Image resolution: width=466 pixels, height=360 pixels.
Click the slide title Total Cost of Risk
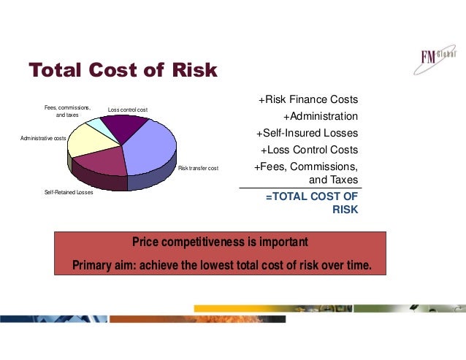click(x=123, y=70)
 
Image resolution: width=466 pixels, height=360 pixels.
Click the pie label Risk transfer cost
click(x=198, y=169)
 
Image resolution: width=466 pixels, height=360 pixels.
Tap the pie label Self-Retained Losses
click(x=62, y=193)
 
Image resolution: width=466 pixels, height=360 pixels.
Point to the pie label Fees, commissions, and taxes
click(x=67, y=111)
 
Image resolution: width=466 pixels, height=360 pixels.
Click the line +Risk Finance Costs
click(x=308, y=99)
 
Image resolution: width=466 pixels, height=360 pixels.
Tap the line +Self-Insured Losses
click(x=307, y=133)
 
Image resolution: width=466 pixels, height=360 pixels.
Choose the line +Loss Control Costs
click(x=309, y=150)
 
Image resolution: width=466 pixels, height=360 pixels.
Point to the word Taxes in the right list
click(x=343, y=180)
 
